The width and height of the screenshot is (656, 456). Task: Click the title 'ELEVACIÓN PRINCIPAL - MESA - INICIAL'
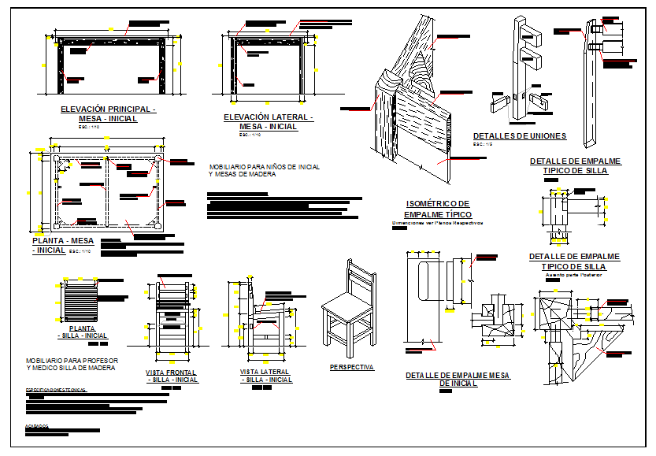[x=108, y=113]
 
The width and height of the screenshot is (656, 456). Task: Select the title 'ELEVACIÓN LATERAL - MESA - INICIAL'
[x=268, y=121]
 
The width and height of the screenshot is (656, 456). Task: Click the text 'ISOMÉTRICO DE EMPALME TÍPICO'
[x=436, y=209]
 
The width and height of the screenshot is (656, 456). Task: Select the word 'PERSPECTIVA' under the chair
[x=351, y=367]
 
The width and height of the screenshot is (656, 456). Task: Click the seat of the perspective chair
[x=344, y=304]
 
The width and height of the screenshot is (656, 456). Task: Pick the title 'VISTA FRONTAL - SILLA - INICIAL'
[x=171, y=376]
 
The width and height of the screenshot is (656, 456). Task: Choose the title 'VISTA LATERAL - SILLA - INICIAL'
[x=265, y=375]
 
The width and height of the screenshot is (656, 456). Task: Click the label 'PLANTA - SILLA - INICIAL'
[x=82, y=332]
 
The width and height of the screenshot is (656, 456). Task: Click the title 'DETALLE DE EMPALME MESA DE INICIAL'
[x=458, y=379]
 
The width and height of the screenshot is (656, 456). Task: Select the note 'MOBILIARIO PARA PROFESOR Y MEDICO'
[x=71, y=364]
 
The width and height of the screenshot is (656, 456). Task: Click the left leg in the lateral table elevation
[x=235, y=63]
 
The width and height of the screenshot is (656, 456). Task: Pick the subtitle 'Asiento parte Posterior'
[x=574, y=275]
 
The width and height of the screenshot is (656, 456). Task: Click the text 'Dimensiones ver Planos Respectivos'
[x=436, y=223]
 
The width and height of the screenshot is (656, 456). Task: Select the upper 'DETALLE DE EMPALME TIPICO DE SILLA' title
[x=574, y=165]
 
